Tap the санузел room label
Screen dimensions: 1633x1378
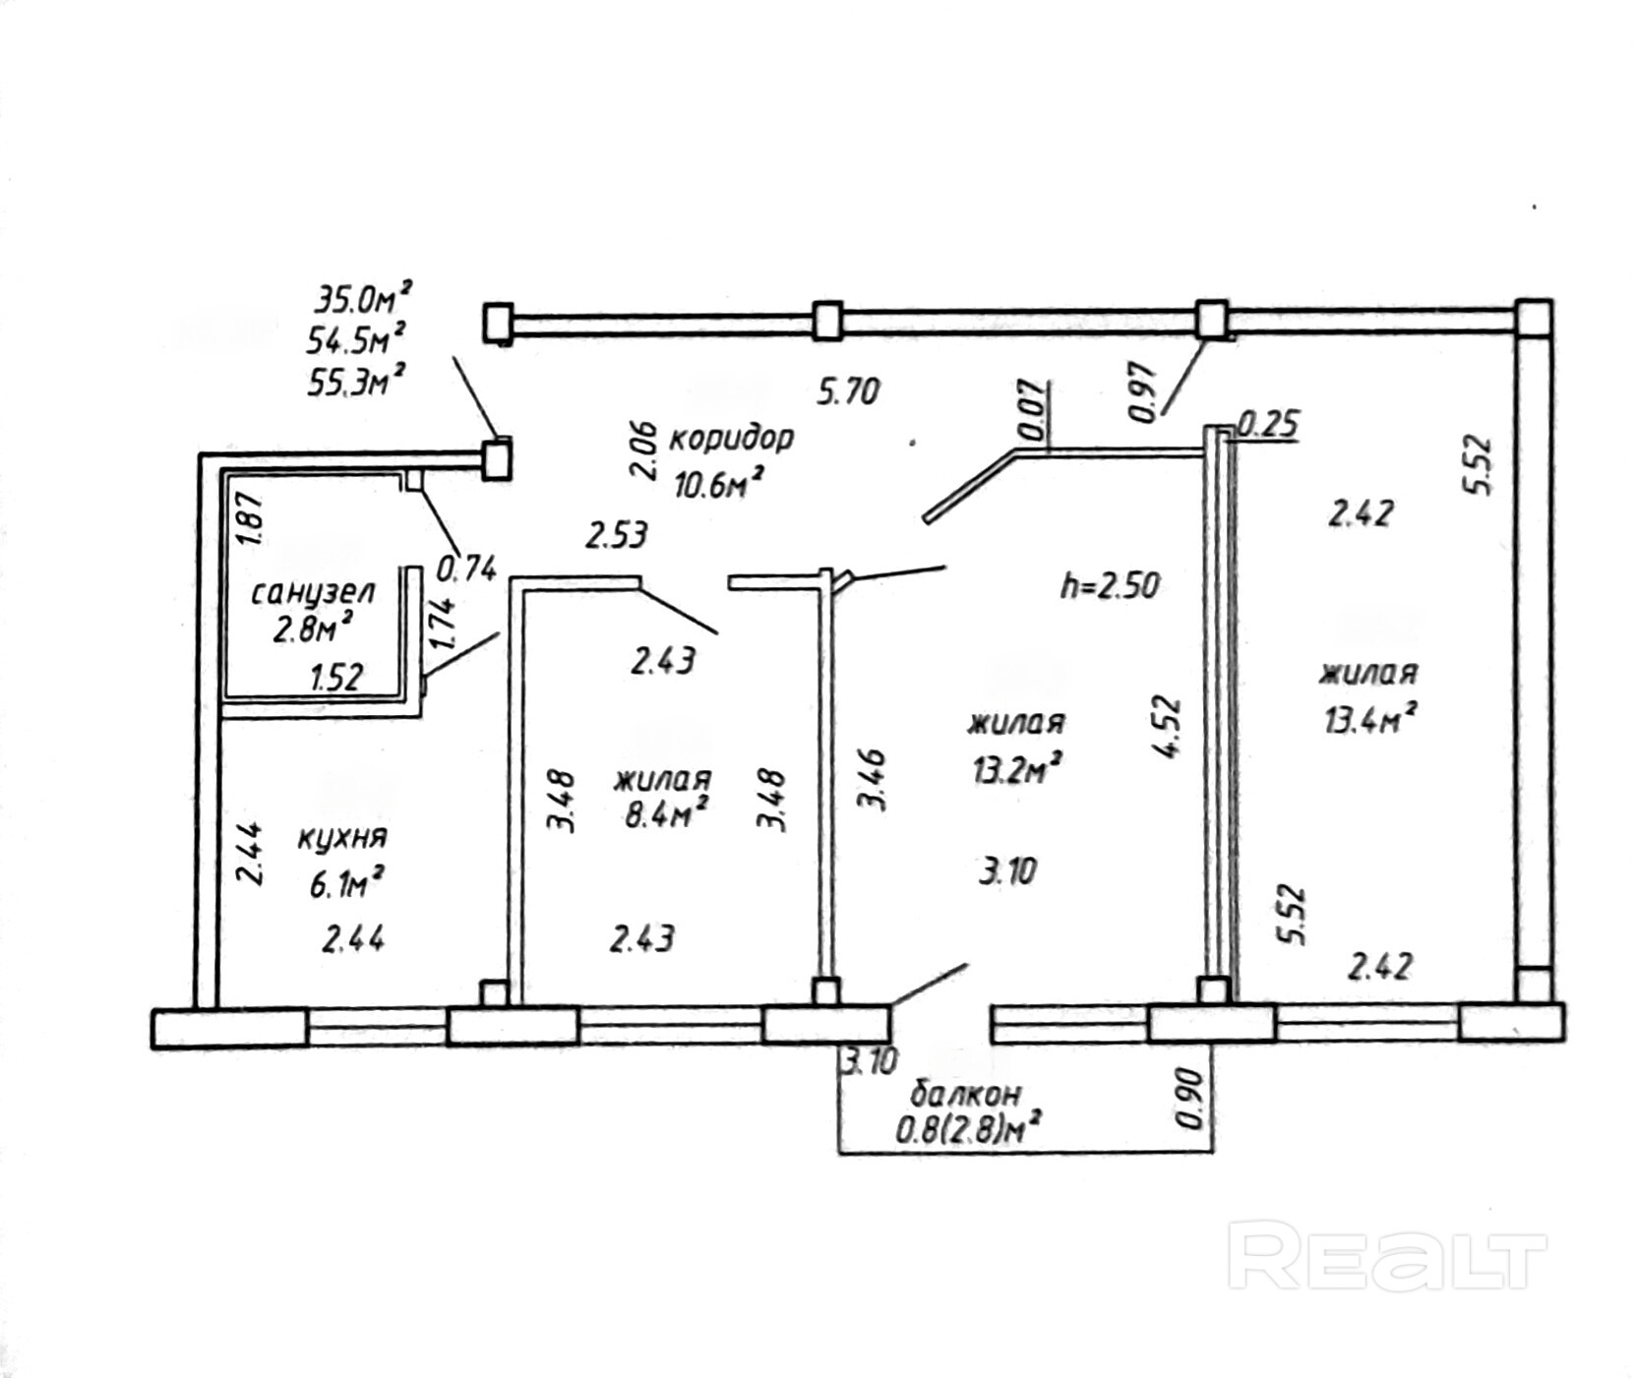click(x=313, y=593)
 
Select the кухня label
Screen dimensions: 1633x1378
click(x=341, y=838)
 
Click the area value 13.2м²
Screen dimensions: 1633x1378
click(x=1016, y=768)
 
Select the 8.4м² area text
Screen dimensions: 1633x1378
click(x=667, y=814)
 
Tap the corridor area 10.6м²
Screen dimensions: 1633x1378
click(x=719, y=483)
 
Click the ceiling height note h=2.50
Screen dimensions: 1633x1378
click(x=1110, y=586)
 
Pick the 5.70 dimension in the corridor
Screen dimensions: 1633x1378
click(x=848, y=392)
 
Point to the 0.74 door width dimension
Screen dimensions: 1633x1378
click(x=465, y=569)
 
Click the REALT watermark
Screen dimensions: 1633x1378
click(x=1386, y=1256)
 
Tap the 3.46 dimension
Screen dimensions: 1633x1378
click(x=873, y=779)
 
